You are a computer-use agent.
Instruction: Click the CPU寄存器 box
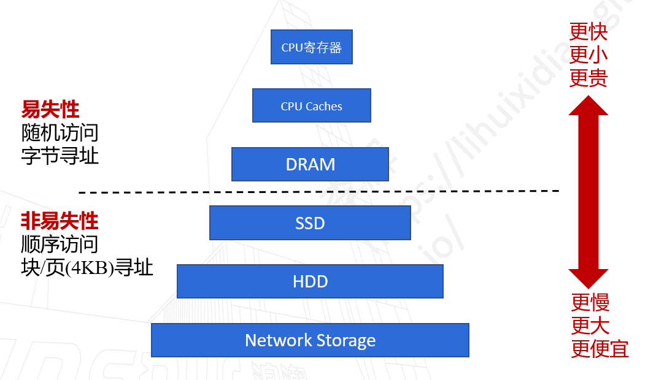[x=311, y=47]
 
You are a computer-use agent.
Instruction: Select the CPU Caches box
[x=311, y=105]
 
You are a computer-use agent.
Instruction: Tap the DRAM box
[x=310, y=164]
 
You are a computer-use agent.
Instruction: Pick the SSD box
[x=310, y=222]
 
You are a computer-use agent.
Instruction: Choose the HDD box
[x=310, y=281]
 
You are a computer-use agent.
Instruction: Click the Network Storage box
[x=310, y=340]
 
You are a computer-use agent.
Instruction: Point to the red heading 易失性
[x=50, y=110]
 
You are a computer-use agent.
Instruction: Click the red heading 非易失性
[x=60, y=220]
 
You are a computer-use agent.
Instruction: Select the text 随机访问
[x=60, y=132]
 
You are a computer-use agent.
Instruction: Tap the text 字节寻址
[x=60, y=155]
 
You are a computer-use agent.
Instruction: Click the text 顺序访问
[x=60, y=244]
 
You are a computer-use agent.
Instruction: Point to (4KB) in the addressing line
[x=90, y=268]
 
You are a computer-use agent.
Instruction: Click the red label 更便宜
[x=600, y=349]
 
